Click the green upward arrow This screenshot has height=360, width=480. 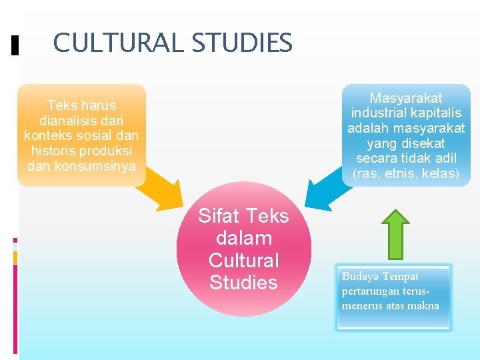pos(398,233)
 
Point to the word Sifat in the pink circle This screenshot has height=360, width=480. pos(220,216)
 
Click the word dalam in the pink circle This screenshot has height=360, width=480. pos(243,238)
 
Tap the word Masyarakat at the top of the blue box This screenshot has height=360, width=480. pos(406,98)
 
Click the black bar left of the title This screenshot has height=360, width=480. pos(15,45)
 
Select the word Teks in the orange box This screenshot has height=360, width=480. pos(61,105)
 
